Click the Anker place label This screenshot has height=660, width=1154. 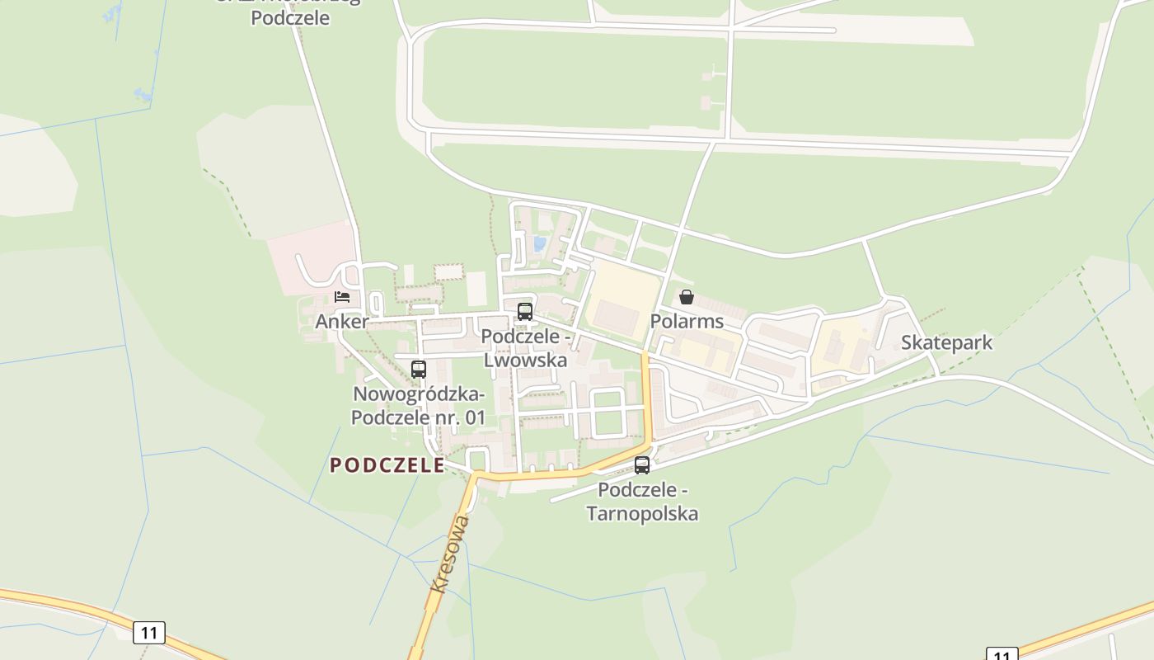342,321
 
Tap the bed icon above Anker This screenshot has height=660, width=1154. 342,296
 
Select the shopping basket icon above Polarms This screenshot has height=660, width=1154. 686,296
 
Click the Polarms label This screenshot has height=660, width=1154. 687,321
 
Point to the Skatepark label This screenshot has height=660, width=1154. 946,342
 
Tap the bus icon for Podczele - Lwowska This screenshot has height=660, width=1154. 525,312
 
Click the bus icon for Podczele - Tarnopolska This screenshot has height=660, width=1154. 642,464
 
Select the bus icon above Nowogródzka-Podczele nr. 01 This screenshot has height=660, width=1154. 419,369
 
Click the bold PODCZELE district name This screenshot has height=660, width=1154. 387,465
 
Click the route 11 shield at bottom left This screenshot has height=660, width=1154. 149,633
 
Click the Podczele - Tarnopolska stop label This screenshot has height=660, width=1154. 643,502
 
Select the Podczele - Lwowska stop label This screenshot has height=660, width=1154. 526,348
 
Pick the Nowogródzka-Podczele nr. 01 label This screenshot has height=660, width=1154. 419,406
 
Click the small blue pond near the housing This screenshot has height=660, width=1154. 540,244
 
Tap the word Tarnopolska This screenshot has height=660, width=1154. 643,513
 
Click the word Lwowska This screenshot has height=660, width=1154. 526,360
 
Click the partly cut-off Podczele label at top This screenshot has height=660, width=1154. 290,16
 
